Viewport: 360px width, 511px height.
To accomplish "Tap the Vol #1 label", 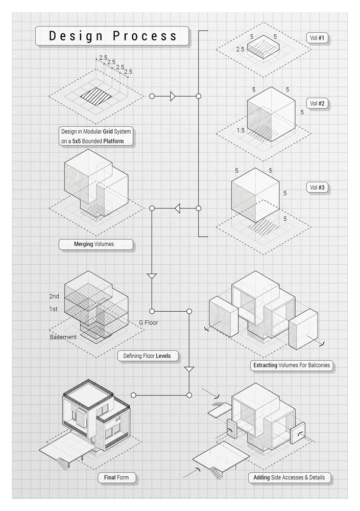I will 319,38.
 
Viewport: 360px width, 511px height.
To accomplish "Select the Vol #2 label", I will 319,103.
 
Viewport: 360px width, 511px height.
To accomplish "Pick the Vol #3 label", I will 319,188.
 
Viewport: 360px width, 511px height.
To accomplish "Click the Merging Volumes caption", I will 95,244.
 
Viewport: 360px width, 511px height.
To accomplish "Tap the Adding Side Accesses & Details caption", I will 289,478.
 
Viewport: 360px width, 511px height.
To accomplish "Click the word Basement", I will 63,337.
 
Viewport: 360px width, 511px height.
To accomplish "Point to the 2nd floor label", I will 54,296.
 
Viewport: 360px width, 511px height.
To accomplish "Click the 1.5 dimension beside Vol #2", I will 241,131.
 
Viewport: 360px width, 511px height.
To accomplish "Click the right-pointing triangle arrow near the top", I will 173,96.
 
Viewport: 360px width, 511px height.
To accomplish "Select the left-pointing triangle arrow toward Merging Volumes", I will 178,208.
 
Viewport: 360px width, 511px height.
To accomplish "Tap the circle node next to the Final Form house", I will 133,395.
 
